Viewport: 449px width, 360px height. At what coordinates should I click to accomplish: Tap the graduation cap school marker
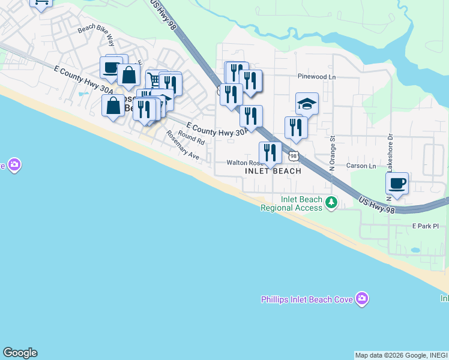click(x=307, y=104)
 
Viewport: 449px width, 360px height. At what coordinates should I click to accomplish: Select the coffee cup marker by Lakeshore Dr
click(x=397, y=183)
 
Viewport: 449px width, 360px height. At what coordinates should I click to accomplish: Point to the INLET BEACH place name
click(x=273, y=171)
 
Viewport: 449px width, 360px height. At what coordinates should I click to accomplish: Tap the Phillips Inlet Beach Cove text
click(x=306, y=299)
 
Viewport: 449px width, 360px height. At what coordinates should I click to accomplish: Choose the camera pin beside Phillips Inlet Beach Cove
click(x=361, y=298)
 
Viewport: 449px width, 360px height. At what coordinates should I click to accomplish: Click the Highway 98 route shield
click(x=293, y=156)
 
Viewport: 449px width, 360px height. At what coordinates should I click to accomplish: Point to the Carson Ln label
click(x=361, y=166)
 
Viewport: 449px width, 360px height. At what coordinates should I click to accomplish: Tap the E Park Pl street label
click(x=426, y=226)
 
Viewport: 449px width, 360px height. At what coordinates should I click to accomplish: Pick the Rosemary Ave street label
click(x=182, y=145)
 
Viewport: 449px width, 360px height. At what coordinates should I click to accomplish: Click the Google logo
click(x=20, y=353)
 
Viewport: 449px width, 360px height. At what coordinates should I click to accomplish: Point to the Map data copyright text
click(x=401, y=355)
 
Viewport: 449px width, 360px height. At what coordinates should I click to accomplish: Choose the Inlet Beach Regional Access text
click(x=292, y=204)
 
